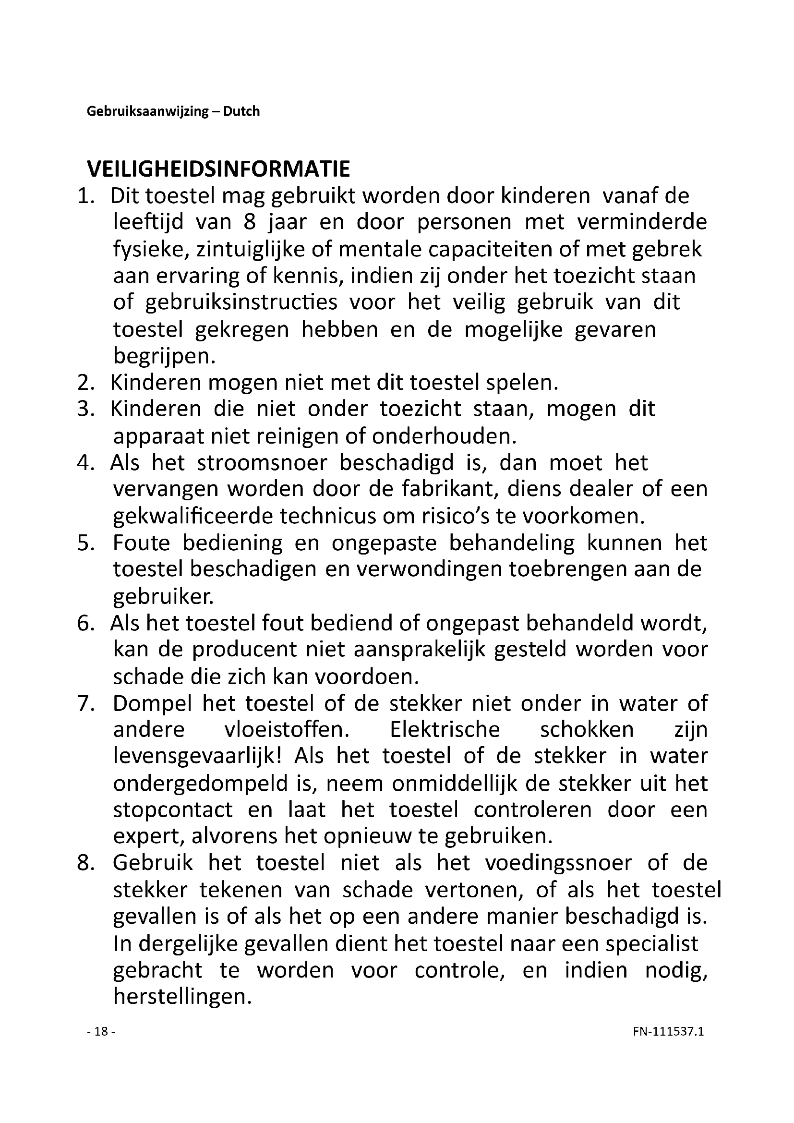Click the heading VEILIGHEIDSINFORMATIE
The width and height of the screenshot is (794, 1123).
pyautogui.click(x=218, y=169)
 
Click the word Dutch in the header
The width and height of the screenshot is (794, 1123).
pyautogui.click(x=241, y=111)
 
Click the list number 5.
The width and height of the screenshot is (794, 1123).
pyautogui.click(x=85, y=543)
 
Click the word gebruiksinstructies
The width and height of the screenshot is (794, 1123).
pyautogui.click(x=241, y=302)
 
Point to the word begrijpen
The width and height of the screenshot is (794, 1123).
pyautogui.click(x=164, y=356)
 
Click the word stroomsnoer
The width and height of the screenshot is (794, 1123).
pyautogui.click(x=262, y=463)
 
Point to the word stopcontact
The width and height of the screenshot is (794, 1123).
pyautogui.click(x=173, y=810)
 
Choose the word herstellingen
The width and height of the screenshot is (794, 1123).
pyautogui.click(x=182, y=997)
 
